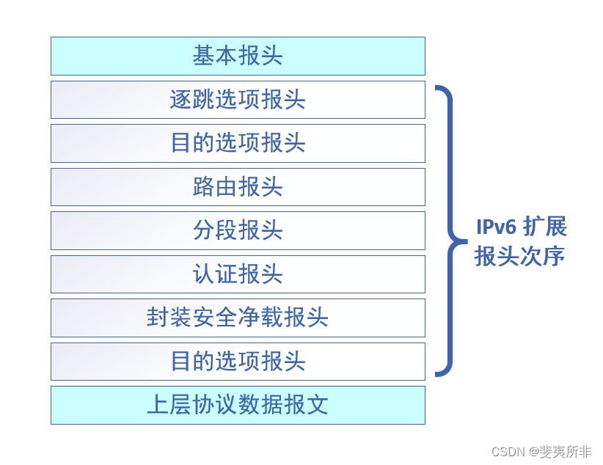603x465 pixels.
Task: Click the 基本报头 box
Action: (238, 56)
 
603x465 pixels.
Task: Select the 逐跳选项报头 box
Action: (238, 100)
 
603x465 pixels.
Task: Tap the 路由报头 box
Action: (238, 187)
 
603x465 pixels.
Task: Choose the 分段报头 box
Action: (238, 230)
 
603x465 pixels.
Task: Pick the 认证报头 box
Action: (238, 274)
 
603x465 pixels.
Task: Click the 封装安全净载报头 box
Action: (238, 318)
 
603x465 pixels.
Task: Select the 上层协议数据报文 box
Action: (238, 405)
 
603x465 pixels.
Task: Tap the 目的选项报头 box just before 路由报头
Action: (238, 143)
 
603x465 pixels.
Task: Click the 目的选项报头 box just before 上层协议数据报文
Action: (238, 362)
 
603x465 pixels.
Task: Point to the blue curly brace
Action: (449, 230)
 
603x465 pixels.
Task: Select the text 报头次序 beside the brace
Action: (519, 257)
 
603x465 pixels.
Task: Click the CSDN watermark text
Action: (507, 452)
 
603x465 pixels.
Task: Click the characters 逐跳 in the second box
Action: (192, 100)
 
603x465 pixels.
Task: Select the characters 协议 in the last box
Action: (215, 405)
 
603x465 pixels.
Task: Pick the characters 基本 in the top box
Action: (215, 56)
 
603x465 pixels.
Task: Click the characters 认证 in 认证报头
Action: (215, 274)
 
